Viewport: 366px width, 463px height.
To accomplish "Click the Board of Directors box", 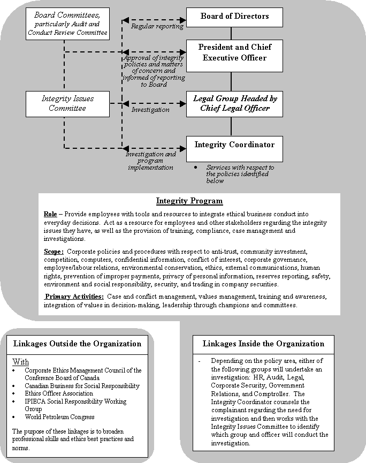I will [x=234, y=17].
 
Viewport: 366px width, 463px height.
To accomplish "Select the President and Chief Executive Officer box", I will [x=234, y=52].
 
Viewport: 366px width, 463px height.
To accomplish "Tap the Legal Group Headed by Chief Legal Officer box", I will [x=234, y=103].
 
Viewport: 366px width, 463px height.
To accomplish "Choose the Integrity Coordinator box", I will [x=234, y=145].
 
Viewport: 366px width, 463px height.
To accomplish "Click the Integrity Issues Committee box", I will [x=67, y=103].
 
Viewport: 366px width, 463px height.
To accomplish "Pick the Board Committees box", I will [x=67, y=24].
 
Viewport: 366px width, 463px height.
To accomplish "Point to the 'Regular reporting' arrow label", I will [x=157, y=26].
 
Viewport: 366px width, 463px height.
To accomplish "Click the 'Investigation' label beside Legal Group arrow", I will [x=150, y=110].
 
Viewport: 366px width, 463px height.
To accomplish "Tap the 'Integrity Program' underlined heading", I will [x=189, y=201].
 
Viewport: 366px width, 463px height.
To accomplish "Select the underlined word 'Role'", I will [x=50, y=214].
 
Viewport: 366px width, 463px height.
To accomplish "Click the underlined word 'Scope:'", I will [x=55, y=251].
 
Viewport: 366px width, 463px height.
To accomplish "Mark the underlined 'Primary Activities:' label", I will [x=74, y=297].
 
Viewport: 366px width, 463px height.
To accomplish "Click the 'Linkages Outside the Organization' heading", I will [x=77, y=344].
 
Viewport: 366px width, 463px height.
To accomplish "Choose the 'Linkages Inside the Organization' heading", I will [x=263, y=344].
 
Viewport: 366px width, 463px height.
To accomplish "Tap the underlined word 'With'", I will [x=20, y=362].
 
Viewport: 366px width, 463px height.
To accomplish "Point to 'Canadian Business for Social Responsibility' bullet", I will [x=82, y=386].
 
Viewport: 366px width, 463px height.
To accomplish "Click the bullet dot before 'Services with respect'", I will [x=197, y=168].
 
